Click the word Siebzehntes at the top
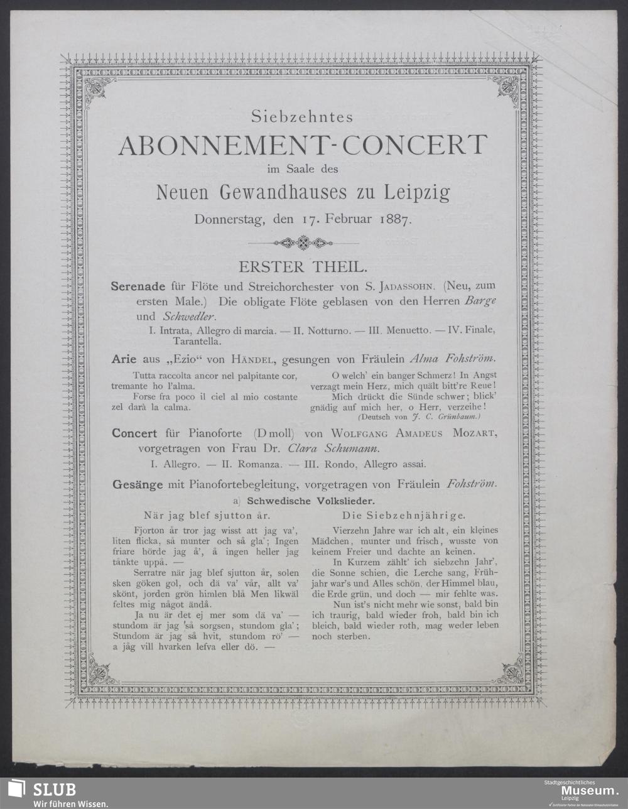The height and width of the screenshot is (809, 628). pos(302,117)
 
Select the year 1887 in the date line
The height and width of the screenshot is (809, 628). pos(394,220)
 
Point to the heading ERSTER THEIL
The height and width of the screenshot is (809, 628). pos(302,266)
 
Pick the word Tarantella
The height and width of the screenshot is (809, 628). pos(197,342)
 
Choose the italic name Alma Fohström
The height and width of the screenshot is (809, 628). pos(452,359)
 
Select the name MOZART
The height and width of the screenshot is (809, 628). pos(474,433)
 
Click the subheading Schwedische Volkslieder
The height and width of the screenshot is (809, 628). pos(311,501)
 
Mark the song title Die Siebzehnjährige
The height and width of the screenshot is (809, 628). pos(404,515)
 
